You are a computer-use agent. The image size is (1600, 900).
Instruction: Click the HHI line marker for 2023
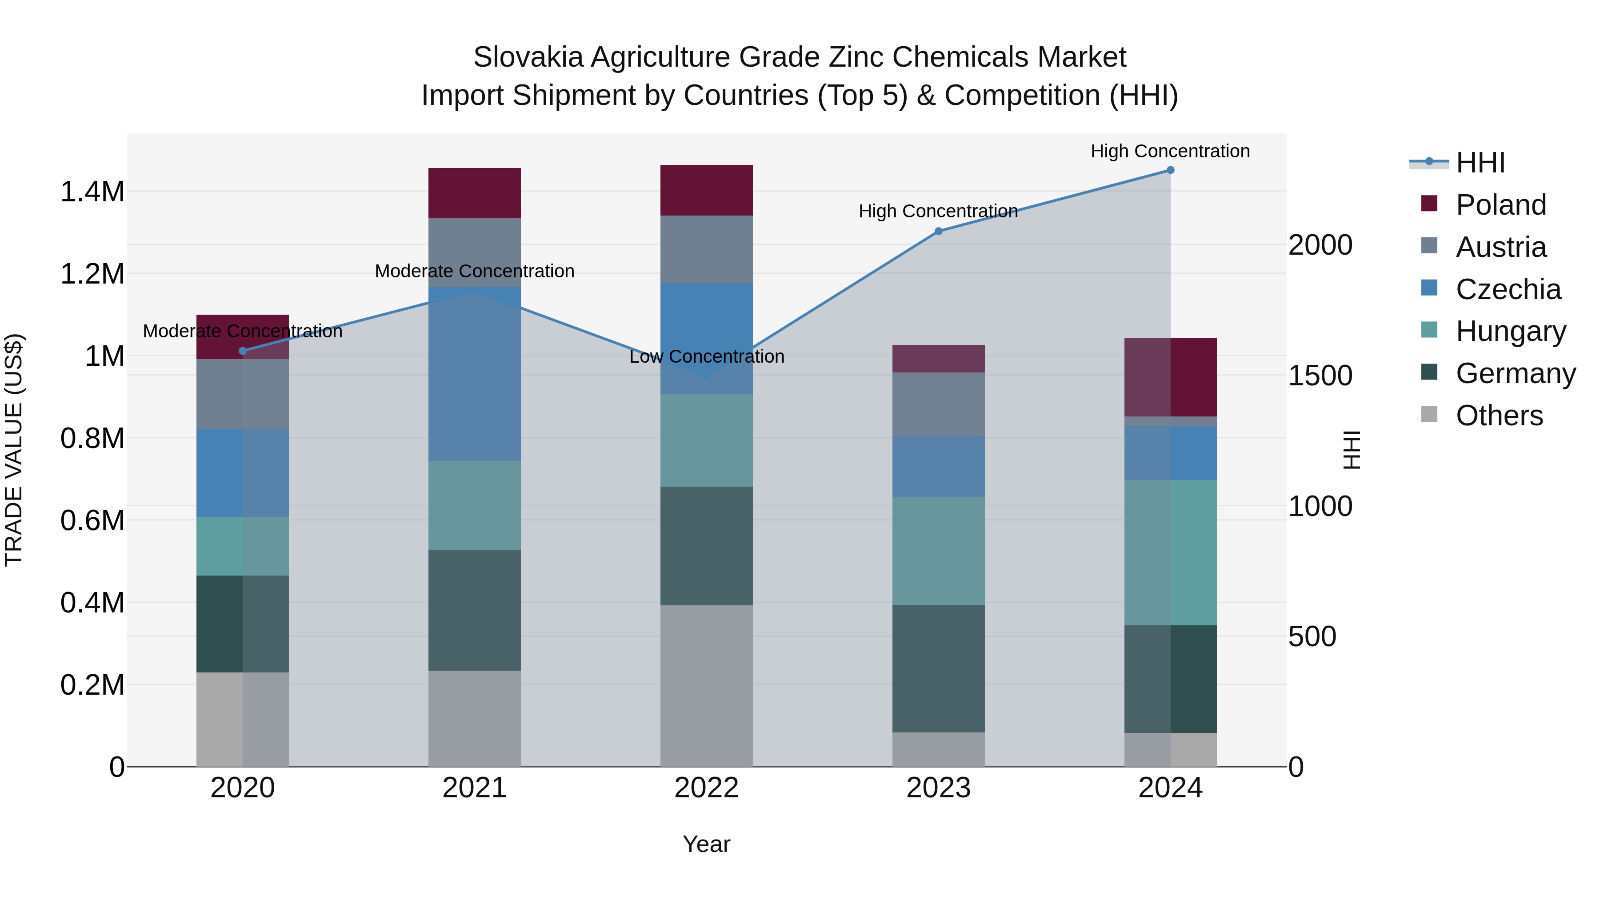pos(939,231)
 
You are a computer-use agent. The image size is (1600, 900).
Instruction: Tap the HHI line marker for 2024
pos(1170,170)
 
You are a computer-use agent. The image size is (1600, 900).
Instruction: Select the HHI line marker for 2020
pos(242,351)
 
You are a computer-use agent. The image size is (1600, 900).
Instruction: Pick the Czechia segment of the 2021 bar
pos(475,374)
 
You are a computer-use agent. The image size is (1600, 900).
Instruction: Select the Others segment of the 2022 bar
pos(706,686)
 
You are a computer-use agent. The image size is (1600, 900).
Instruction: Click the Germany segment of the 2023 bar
pos(939,668)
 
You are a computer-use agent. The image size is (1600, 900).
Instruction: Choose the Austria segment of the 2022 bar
pos(706,249)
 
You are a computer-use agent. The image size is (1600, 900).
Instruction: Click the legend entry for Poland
pos(1500,205)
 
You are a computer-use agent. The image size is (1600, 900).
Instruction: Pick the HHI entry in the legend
pos(1480,163)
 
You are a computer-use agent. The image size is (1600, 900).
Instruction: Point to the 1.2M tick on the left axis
pos(92,274)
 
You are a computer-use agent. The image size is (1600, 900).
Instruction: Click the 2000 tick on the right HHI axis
pos(1320,245)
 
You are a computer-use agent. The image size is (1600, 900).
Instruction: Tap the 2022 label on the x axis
pos(706,788)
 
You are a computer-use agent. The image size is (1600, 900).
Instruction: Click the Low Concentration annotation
pos(706,356)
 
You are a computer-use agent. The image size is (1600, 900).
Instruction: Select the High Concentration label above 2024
pos(1170,151)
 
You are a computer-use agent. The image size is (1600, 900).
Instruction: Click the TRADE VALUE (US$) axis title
pos(14,450)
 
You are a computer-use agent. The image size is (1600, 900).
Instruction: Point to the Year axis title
pos(706,844)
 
